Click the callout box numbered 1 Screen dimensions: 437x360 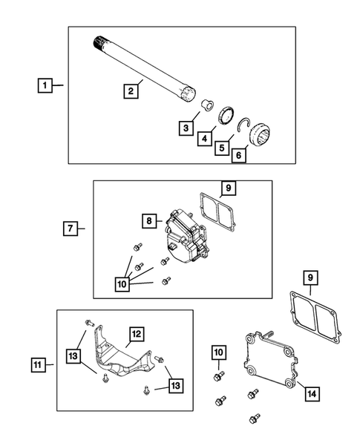click(45, 86)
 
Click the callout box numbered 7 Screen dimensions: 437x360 click(68, 228)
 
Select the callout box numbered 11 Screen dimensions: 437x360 click(38, 364)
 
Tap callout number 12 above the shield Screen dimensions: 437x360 click(137, 334)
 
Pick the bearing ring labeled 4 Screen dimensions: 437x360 click(228, 116)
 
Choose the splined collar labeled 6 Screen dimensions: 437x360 click(264, 135)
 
